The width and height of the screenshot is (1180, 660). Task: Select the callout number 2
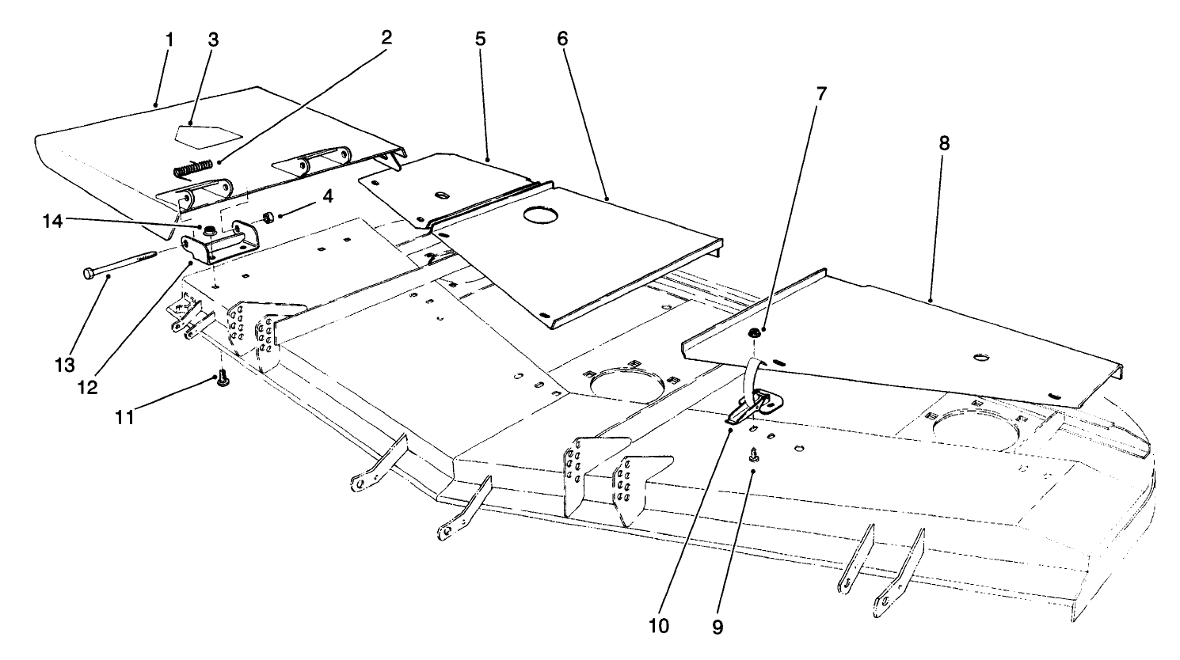tap(386, 37)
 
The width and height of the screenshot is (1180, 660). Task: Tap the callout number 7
tap(820, 93)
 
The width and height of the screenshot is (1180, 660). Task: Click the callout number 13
tap(66, 364)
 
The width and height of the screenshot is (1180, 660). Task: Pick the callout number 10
tap(659, 626)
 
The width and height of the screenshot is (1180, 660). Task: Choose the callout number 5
tap(480, 38)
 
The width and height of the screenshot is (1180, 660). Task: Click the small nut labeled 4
tap(268, 216)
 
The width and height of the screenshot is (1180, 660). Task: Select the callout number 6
tap(562, 38)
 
